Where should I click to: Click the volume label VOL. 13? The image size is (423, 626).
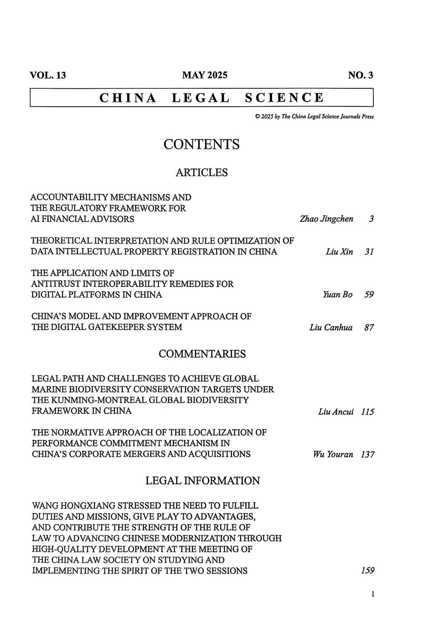[x=48, y=75]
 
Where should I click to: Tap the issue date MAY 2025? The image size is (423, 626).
[x=205, y=75]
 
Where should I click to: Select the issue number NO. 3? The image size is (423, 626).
[x=360, y=75]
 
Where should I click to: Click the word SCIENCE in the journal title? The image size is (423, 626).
[x=284, y=97]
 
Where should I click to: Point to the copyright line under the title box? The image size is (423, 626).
[x=314, y=116]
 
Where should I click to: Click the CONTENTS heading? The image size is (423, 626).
[x=201, y=145]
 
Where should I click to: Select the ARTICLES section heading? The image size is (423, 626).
[x=201, y=172]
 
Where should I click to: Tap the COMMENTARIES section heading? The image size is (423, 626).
[x=202, y=354]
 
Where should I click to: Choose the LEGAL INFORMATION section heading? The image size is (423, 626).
[x=202, y=481]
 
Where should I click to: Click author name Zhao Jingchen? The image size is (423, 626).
[x=326, y=219]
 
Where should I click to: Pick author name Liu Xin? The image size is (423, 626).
[x=339, y=252]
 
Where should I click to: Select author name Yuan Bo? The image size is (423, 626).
[x=337, y=295]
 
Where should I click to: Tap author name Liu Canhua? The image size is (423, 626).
[x=331, y=328]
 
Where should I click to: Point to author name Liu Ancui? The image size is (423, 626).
[x=336, y=411]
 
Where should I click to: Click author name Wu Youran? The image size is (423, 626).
[x=333, y=454]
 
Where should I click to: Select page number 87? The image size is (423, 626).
[x=369, y=328]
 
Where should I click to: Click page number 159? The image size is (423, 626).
[x=368, y=570]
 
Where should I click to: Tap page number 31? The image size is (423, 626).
[x=369, y=252]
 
